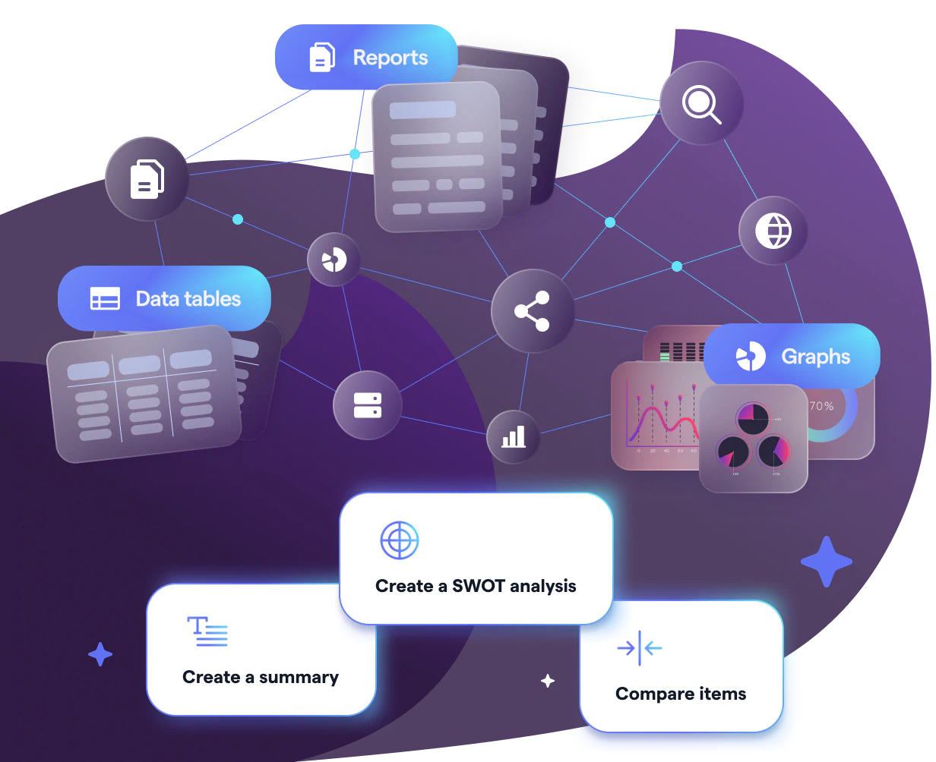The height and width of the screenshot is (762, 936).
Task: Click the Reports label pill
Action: pos(365,58)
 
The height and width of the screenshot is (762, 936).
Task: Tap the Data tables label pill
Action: pos(164,298)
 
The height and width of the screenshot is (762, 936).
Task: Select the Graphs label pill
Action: pos(791,356)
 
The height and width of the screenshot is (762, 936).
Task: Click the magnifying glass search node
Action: pos(701,103)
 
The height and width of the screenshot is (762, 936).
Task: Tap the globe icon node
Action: pos(773,231)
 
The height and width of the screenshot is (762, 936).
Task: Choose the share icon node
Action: pos(532,311)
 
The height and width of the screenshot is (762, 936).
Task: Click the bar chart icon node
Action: pos(513,436)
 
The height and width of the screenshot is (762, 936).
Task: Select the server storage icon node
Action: pos(367,405)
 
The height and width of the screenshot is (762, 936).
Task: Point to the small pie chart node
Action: pos(334,260)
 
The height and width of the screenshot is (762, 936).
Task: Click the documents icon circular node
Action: pos(147,179)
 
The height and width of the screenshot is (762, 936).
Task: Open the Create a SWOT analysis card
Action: pos(476,558)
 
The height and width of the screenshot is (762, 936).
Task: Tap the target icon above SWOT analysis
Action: pos(399,540)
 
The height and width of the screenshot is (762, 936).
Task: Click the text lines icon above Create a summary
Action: pos(207,631)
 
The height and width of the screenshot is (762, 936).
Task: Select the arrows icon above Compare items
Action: pos(639,648)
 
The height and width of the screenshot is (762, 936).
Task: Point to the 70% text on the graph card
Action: pos(821,406)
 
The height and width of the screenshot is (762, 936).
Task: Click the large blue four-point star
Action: pos(826,562)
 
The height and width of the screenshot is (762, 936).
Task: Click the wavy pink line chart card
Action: pos(655,417)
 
